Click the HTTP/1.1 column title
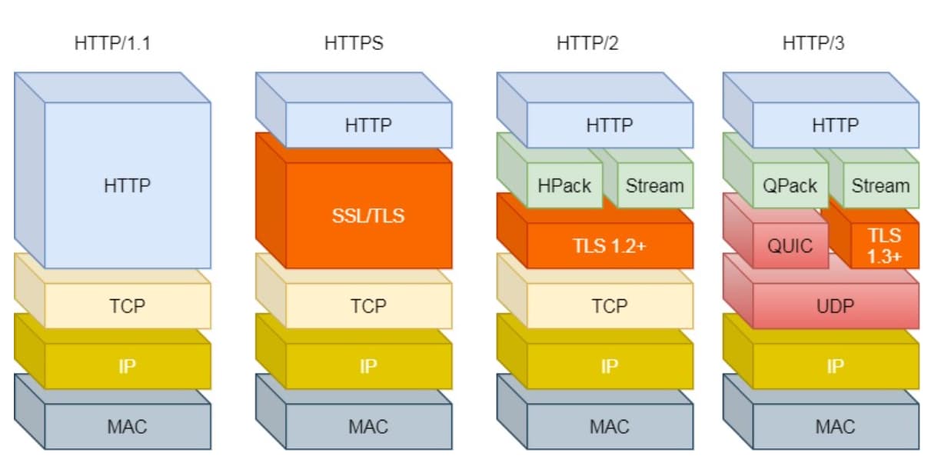(112, 43)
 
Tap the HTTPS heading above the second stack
(354, 43)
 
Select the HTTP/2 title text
(587, 43)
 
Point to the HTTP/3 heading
(813, 43)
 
